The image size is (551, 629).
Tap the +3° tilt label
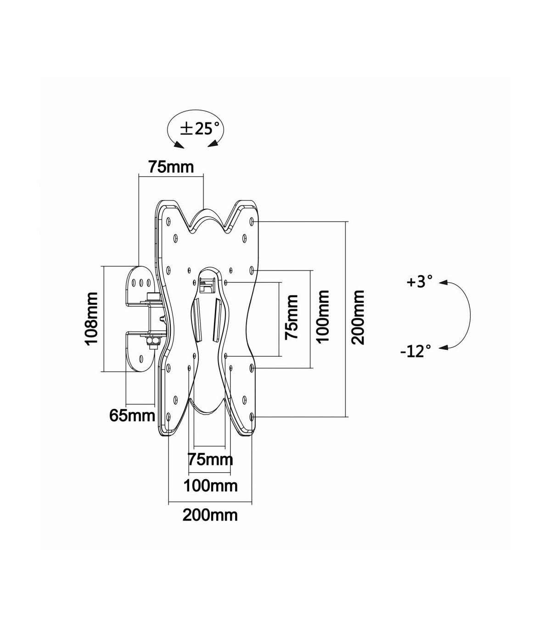tap(419, 281)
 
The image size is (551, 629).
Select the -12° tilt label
tap(416, 351)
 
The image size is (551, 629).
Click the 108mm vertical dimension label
tap(91, 319)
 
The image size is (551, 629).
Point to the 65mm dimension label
tap(132, 416)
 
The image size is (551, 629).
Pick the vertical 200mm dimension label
tap(358, 317)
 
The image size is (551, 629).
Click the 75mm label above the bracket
tap(171, 167)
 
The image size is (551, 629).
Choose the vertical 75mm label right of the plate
tap(292, 317)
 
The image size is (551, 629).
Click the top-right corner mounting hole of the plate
tap(252, 221)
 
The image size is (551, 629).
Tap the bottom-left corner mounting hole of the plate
tap(169, 417)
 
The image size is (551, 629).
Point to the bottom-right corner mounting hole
tap(252, 417)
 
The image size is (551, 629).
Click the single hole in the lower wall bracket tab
tap(141, 359)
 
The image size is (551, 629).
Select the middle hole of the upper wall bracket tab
tap(141, 282)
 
